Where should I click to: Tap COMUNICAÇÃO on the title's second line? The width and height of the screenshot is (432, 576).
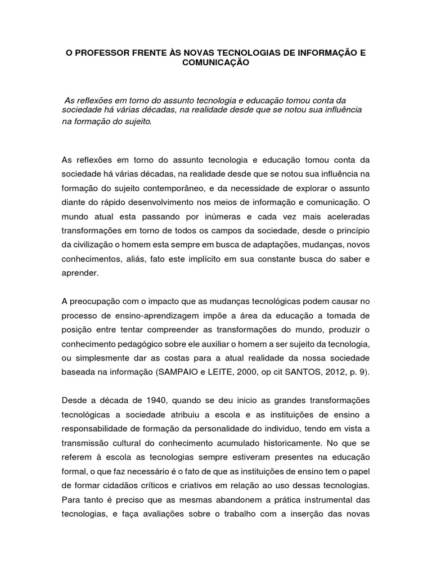click(x=215, y=64)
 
